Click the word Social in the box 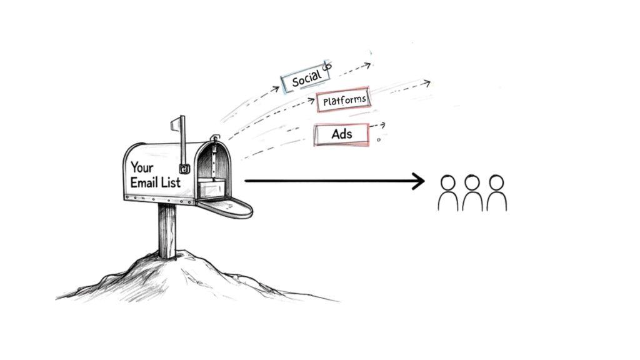coord(306,78)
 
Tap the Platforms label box coord(344,100)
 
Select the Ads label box coord(341,134)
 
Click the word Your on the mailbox coord(142,167)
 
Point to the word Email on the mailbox coord(144,182)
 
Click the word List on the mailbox coord(170,182)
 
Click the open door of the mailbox coord(228,206)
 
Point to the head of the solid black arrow coord(419,181)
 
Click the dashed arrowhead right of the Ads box coord(382,125)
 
